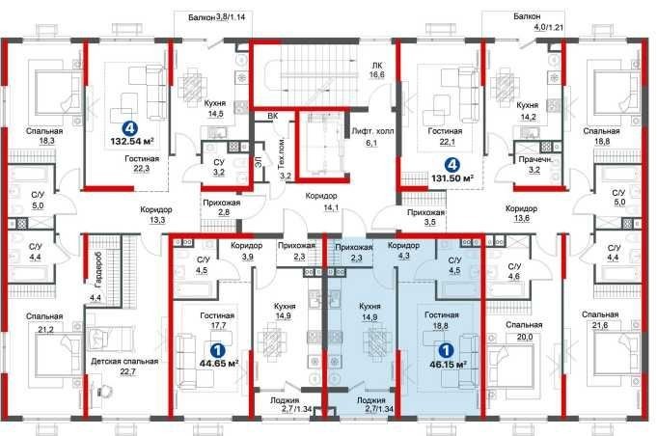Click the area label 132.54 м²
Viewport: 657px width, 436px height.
tap(132, 141)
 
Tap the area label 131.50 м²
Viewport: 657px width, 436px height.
tap(452, 178)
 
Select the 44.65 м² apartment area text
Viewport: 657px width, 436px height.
tap(220, 363)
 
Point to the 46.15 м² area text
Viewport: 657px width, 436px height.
tap(449, 364)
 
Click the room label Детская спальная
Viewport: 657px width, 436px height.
tap(124, 361)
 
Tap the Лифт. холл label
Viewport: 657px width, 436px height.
tap(372, 131)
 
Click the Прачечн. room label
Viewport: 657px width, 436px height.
tap(535, 159)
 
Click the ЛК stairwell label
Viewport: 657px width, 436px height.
tap(376, 66)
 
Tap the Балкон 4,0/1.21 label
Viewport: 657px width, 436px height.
tap(538, 22)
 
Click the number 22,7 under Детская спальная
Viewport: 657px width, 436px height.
tap(127, 371)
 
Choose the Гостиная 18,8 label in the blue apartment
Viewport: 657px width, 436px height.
tap(441, 320)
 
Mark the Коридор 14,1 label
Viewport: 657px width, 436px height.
tap(322, 201)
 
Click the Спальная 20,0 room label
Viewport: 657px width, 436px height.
tap(524, 331)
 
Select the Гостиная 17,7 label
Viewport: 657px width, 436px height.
tap(217, 320)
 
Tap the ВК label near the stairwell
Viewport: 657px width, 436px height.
tap(273, 117)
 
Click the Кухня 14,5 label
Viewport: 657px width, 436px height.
tap(215, 108)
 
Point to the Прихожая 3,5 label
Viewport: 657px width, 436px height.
tap(425, 217)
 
